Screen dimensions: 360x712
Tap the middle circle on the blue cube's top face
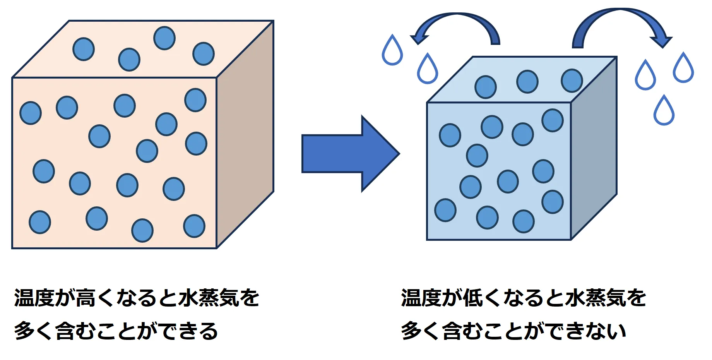(x=527, y=82)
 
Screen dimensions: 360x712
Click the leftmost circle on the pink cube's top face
(x=84, y=49)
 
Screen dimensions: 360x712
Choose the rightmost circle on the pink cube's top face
(x=204, y=54)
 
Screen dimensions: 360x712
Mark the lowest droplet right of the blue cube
(x=664, y=111)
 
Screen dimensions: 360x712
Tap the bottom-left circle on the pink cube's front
(x=40, y=222)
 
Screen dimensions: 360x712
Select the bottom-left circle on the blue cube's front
(x=445, y=210)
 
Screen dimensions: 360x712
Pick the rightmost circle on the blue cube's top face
(x=572, y=81)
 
